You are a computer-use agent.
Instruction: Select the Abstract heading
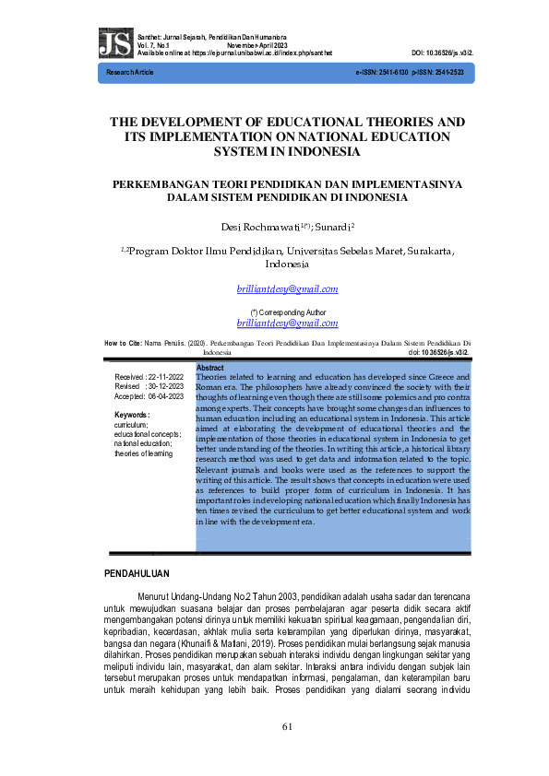click(210, 368)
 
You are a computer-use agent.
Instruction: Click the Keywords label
click(132, 416)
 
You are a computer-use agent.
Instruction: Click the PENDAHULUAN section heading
click(144, 575)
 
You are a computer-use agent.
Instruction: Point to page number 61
click(287, 725)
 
